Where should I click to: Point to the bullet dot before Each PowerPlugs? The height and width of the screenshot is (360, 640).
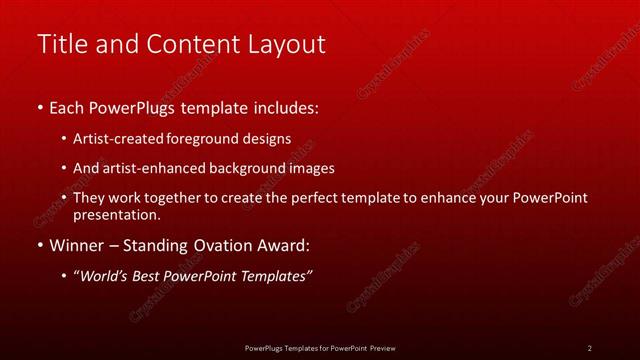(x=39, y=106)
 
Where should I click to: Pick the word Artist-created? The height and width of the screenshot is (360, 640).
(x=121, y=138)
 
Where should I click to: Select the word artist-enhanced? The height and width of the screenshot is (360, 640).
(x=150, y=168)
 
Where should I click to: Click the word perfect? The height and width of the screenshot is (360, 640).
(x=318, y=198)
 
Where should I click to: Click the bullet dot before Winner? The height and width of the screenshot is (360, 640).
(x=39, y=245)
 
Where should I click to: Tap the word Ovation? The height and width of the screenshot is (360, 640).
(x=219, y=245)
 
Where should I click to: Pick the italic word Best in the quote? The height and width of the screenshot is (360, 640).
(x=152, y=276)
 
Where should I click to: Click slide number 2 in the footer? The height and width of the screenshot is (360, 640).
(x=589, y=348)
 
